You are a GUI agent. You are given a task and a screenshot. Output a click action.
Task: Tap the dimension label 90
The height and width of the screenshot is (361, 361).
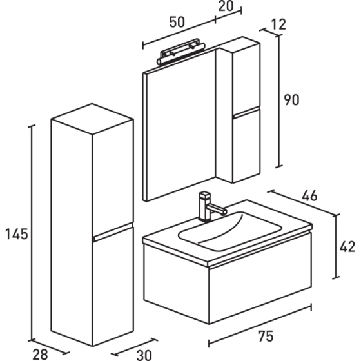click(x=293, y=100)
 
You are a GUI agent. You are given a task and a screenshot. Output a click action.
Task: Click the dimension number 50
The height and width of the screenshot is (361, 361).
click(x=177, y=22)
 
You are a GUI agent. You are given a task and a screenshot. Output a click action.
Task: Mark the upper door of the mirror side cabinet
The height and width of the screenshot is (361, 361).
click(x=246, y=77)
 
